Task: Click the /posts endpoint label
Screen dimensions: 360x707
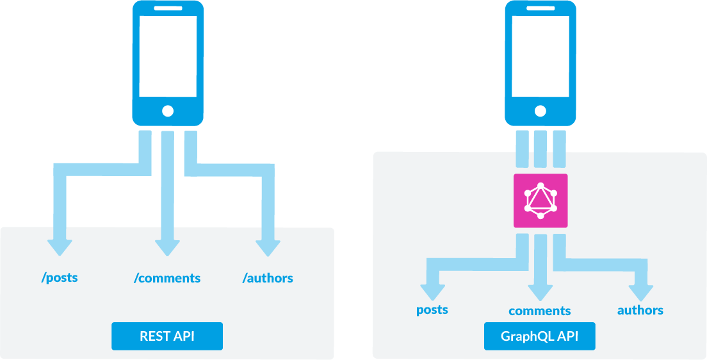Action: tap(60, 278)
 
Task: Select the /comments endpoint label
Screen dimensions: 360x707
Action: tap(167, 278)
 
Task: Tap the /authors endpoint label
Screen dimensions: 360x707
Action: tap(268, 278)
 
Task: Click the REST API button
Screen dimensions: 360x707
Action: tap(167, 336)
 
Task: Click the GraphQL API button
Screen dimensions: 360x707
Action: tap(540, 336)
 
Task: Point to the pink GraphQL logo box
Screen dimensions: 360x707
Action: tap(540, 200)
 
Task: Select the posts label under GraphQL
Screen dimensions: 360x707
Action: tap(432, 310)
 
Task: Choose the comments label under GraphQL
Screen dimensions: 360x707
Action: tap(540, 311)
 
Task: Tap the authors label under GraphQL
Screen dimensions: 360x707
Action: tap(640, 310)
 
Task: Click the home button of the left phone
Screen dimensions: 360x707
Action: tap(168, 111)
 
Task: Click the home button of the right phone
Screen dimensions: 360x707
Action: tap(540, 111)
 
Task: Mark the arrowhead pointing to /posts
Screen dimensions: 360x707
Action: tap(60, 247)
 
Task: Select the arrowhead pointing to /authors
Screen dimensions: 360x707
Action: tap(268, 247)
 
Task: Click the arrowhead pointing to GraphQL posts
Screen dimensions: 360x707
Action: tap(432, 291)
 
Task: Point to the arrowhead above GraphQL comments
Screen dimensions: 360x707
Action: tap(540, 291)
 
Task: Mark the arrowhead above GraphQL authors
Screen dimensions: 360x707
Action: tap(640, 291)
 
